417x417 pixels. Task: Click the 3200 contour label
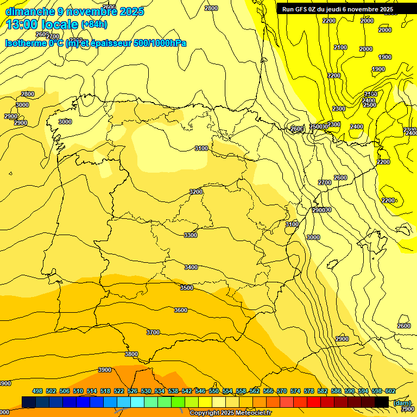pyautogui.click(x=196, y=192)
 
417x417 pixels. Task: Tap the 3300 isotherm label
pyautogui.click(x=191, y=235)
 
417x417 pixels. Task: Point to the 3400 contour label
pyautogui.click(x=191, y=267)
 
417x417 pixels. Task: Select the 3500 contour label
pyautogui.click(x=186, y=288)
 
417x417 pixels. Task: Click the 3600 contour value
pyautogui.click(x=181, y=310)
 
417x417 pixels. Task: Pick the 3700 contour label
pyautogui.click(x=153, y=332)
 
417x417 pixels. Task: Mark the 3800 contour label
pyautogui.click(x=131, y=354)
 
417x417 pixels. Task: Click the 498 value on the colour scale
pyautogui.click(x=37, y=391)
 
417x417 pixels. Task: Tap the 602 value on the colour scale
pyautogui.click(x=390, y=391)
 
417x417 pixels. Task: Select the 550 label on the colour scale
pyautogui.click(x=214, y=391)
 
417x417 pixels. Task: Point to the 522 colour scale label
pyautogui.click(x=119, y=391)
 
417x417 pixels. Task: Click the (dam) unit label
pyautogui.click(x=402, y=403)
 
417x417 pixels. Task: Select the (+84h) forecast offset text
pyautogui.click(x=94, y=24)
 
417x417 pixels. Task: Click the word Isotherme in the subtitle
pyautogui.click(x=26, y=43)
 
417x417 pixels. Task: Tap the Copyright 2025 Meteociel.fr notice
pyautogui.click(x=230, y=413)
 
